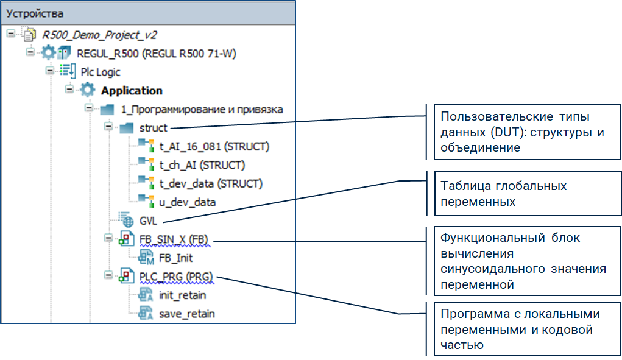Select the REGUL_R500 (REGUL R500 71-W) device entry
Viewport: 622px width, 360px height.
pyautogui.click(x=156, y=54)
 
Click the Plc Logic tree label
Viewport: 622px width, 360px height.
pyautogui.click(x=101, y=72)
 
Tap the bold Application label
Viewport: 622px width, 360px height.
pyautogui.click(x=132, y=91)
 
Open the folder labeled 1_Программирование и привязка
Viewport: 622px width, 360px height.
pyautogui.click(x=202, y=110)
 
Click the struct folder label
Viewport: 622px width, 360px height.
pyautogui.click(x=153, y=128)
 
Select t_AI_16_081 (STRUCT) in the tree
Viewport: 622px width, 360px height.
pyautogui.click(x=214, y=147)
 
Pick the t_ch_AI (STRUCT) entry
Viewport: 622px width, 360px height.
pyautogui.click(x=202, y=165)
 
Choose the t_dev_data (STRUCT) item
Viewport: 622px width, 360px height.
pyautogui.click(x=211, y=183)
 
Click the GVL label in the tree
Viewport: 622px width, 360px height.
pyautogui.click(x=148, y=221)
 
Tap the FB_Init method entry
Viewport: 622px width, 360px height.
pyautogui.click(x=175, y=258)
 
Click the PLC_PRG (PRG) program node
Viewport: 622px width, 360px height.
pyautogui.click(x=176, y=277)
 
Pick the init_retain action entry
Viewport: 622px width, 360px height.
pyautogui.click(x=182, y=295)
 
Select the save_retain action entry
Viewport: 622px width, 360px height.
pyautogui.click(x=186, y=314)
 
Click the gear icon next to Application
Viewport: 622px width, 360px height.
pyautogui.click(x=88, y=91)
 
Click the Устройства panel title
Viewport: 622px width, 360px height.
pyautogui.click(x=35, y=13)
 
